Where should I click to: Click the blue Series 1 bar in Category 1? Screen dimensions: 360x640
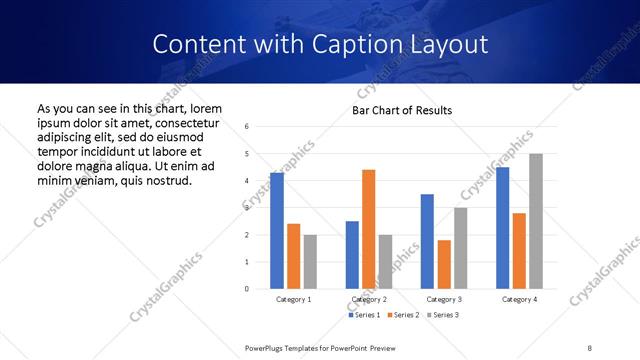(x=277, y=231)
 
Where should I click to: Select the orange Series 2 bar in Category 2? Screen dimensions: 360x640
(x=368, y=229)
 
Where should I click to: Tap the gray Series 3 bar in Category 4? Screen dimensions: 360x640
(x=536, y=221)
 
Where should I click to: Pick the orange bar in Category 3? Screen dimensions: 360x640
(x=443, y=264)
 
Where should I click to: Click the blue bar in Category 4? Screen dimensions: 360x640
(x=502, y=228)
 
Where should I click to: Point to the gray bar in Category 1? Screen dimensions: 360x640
(x=310, y=262)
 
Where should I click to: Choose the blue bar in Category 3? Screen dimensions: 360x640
(x=427, y=241)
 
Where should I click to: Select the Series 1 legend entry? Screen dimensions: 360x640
(x=363, y=315)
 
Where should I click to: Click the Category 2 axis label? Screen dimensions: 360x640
(x=369, y=299)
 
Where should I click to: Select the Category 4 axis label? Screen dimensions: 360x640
(x=519, y=299)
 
